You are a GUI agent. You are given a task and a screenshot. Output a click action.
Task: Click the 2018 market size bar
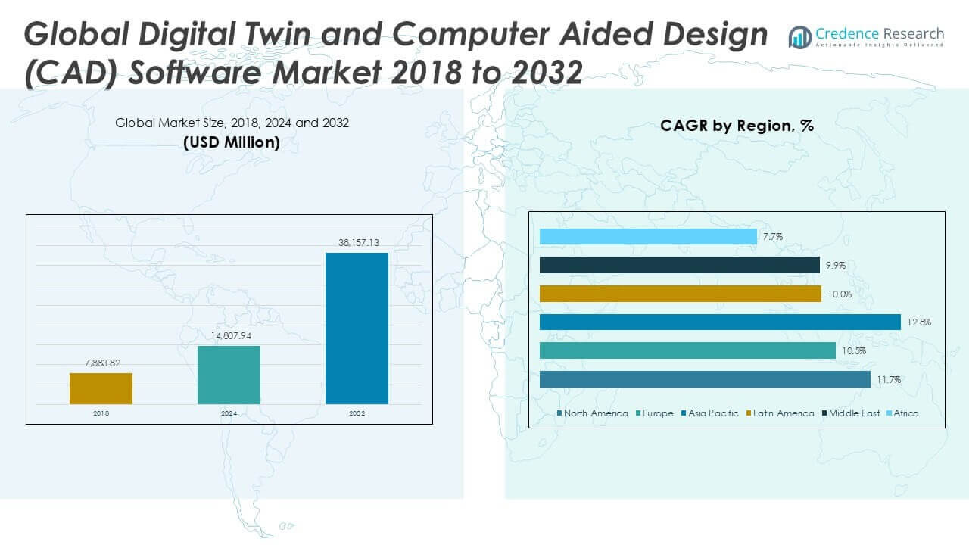point(101,388)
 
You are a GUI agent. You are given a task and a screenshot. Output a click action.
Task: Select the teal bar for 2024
point(229,375)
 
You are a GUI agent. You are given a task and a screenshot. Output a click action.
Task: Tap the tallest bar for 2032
point(357,328)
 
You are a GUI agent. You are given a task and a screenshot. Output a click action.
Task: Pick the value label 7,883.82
point(101,363)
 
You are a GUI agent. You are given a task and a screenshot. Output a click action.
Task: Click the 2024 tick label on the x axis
point(229,413)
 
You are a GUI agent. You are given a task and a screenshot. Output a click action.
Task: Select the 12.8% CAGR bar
point(719,322)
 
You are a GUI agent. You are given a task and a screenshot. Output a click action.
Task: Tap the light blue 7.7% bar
point(647,237)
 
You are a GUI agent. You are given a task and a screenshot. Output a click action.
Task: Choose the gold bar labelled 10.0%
point(680,294)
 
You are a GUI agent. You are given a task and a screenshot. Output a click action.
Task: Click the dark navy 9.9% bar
point(679,265)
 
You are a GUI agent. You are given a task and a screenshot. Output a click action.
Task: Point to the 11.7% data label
point(889,380)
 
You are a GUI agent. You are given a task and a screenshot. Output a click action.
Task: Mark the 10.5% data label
point(854,351)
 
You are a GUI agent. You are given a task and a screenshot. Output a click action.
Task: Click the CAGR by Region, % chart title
point(737,126)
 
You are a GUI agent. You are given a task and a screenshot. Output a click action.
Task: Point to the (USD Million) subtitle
point(231,142)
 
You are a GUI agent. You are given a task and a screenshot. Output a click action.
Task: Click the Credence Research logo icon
point(799,36)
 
